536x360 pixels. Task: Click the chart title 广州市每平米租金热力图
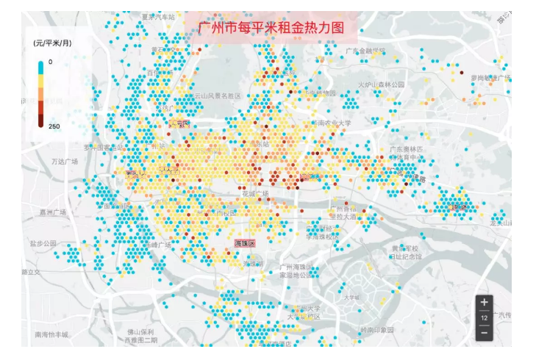point(271,28)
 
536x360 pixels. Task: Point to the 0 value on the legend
point(50,62)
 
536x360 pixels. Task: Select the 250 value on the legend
point(53,126)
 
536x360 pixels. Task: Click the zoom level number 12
point(484,317)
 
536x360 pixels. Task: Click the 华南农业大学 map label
point(333,123)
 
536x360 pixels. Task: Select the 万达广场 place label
point(65,161)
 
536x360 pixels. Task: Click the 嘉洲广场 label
point(53,212)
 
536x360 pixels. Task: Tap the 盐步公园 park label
point(43,242)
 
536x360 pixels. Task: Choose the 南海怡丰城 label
point(51,335)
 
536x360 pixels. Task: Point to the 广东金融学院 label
point(365,51)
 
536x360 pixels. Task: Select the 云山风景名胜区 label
point(217,96)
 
